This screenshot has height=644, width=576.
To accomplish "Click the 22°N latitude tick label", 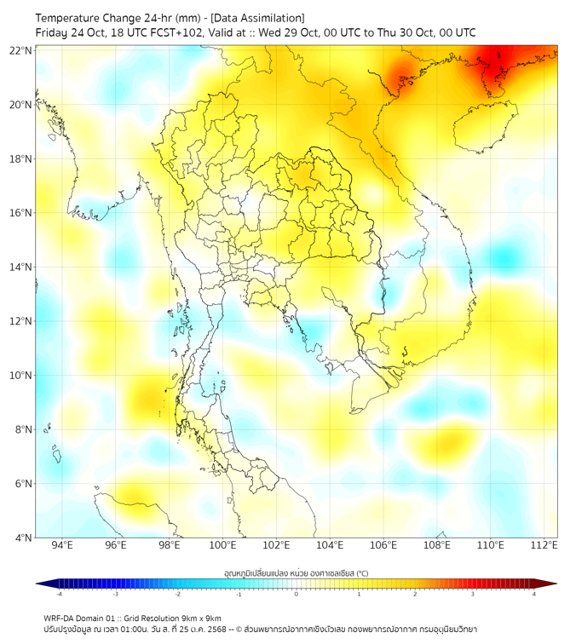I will coord(21,50).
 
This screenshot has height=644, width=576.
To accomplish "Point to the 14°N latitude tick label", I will coord(21,267).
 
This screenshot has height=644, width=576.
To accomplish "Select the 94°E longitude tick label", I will coord(62,545).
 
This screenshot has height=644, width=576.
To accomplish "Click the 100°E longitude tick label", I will coord(222,545).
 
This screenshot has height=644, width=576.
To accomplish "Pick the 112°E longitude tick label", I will coord(544,545).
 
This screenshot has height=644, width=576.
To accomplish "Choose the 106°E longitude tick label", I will coord(383,545).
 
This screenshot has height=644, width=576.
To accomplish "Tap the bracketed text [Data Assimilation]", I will coord(257,18).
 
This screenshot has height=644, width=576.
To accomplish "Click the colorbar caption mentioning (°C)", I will coord(296,572).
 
